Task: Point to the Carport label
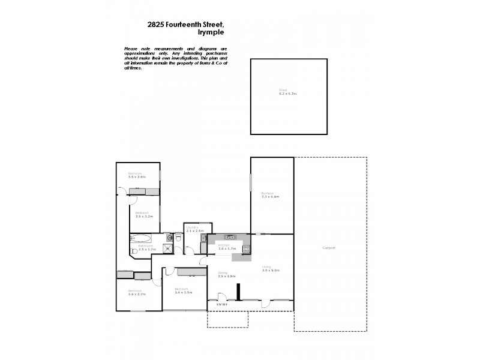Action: [x=329, y=248]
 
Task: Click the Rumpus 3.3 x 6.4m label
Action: [x=271, y=195]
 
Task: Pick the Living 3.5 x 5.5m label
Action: [x=272, y=269]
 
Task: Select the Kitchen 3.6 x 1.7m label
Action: [x=227, y=247]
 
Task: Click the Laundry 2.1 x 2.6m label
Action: [x=195, y=229]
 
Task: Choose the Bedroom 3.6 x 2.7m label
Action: [x=137, y=293]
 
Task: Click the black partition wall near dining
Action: [x=239, y=292]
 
